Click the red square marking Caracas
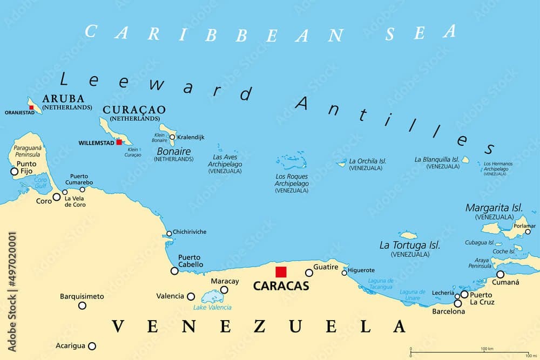281,272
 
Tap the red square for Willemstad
119,142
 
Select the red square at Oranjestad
32,108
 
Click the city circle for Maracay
224,290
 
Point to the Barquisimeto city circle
82,305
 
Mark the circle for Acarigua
92,346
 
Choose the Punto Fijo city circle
14,172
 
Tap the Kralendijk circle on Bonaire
172,137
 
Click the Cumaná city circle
500,274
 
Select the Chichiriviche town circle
169,234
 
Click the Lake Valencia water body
208,296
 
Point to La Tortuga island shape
409,235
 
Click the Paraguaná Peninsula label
28,152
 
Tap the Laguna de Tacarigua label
380,283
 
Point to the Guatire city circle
309,273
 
